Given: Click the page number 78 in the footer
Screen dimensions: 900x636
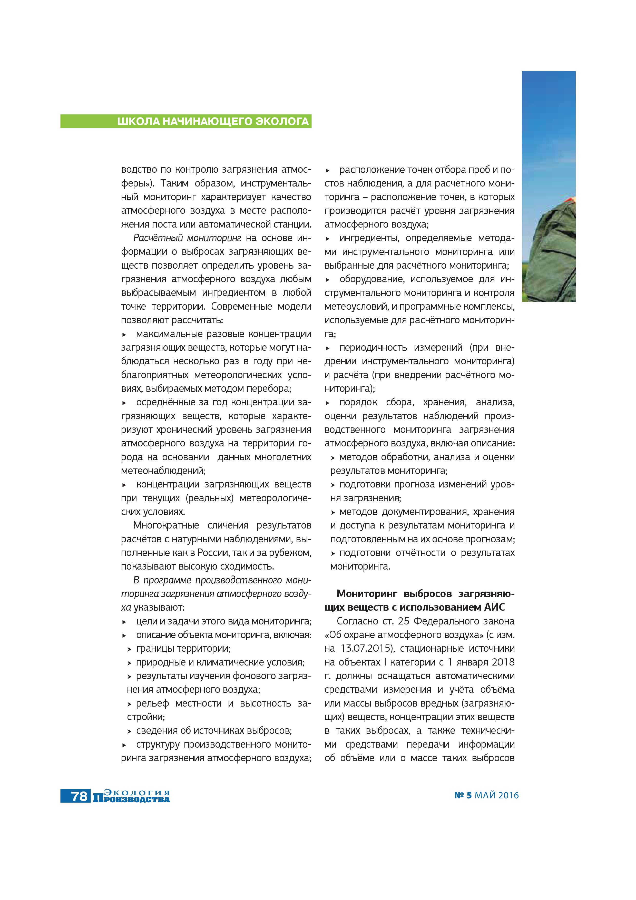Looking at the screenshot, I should pos(79,796).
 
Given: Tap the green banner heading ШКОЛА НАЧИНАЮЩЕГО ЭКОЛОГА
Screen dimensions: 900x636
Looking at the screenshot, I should pos(213,122).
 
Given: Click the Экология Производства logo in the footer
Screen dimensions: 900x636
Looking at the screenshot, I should pos(132,796).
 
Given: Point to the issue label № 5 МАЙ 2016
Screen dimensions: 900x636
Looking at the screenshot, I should pos(486,795).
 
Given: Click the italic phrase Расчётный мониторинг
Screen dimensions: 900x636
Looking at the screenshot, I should pos(187,238).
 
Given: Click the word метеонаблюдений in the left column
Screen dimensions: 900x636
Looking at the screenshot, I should pos(163,470).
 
